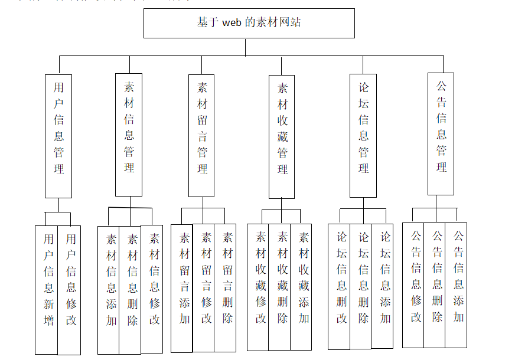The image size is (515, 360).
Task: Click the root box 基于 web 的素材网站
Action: click(249, 23)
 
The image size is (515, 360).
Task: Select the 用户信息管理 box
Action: click(58, 136)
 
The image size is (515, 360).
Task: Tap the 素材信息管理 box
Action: click(129, 135)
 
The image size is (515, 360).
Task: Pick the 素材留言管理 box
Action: click(202, 136)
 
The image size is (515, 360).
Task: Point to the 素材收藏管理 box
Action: click(282, 137)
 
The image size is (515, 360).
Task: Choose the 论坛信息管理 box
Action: click(363, 135)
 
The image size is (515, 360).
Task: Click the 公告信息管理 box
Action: click(441, 134)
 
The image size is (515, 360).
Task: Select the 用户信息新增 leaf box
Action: click(47, 289)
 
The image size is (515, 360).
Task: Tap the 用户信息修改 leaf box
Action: click(70, 289)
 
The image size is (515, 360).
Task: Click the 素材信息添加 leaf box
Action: click(109, 289)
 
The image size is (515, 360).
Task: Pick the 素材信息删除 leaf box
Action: click(131, 289)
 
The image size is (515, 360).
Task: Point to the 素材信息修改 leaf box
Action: click(152, 289)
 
